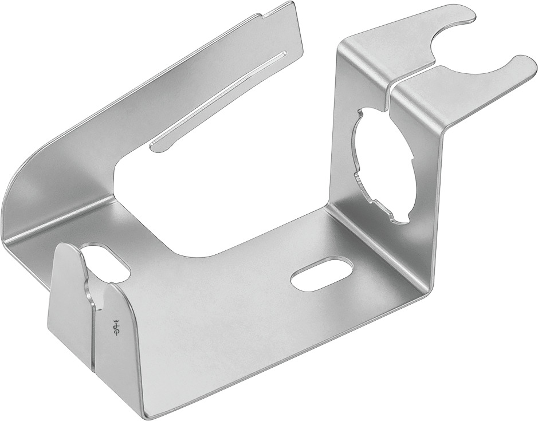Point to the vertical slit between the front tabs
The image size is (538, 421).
(x=91, y=332)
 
